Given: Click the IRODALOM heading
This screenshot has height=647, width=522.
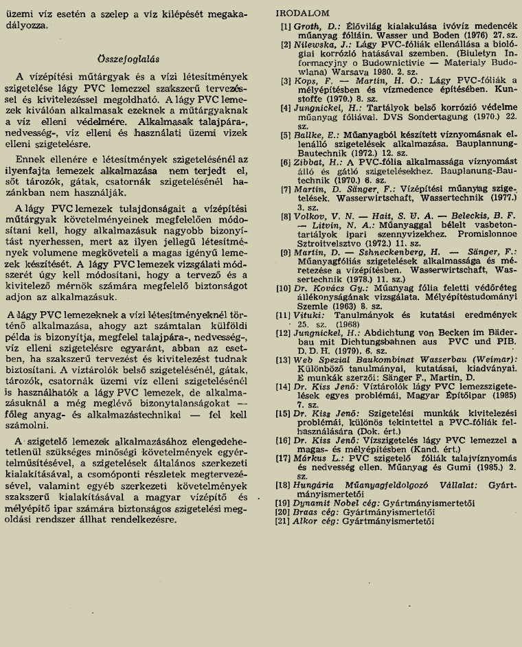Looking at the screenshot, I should click(x=302, y=13).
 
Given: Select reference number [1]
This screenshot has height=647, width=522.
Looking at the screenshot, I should click(x=286, y=25).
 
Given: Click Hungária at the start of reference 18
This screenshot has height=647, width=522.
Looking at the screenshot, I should click(x=318, y=485).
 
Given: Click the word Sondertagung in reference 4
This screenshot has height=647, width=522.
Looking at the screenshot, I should click(x=426, y=117).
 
